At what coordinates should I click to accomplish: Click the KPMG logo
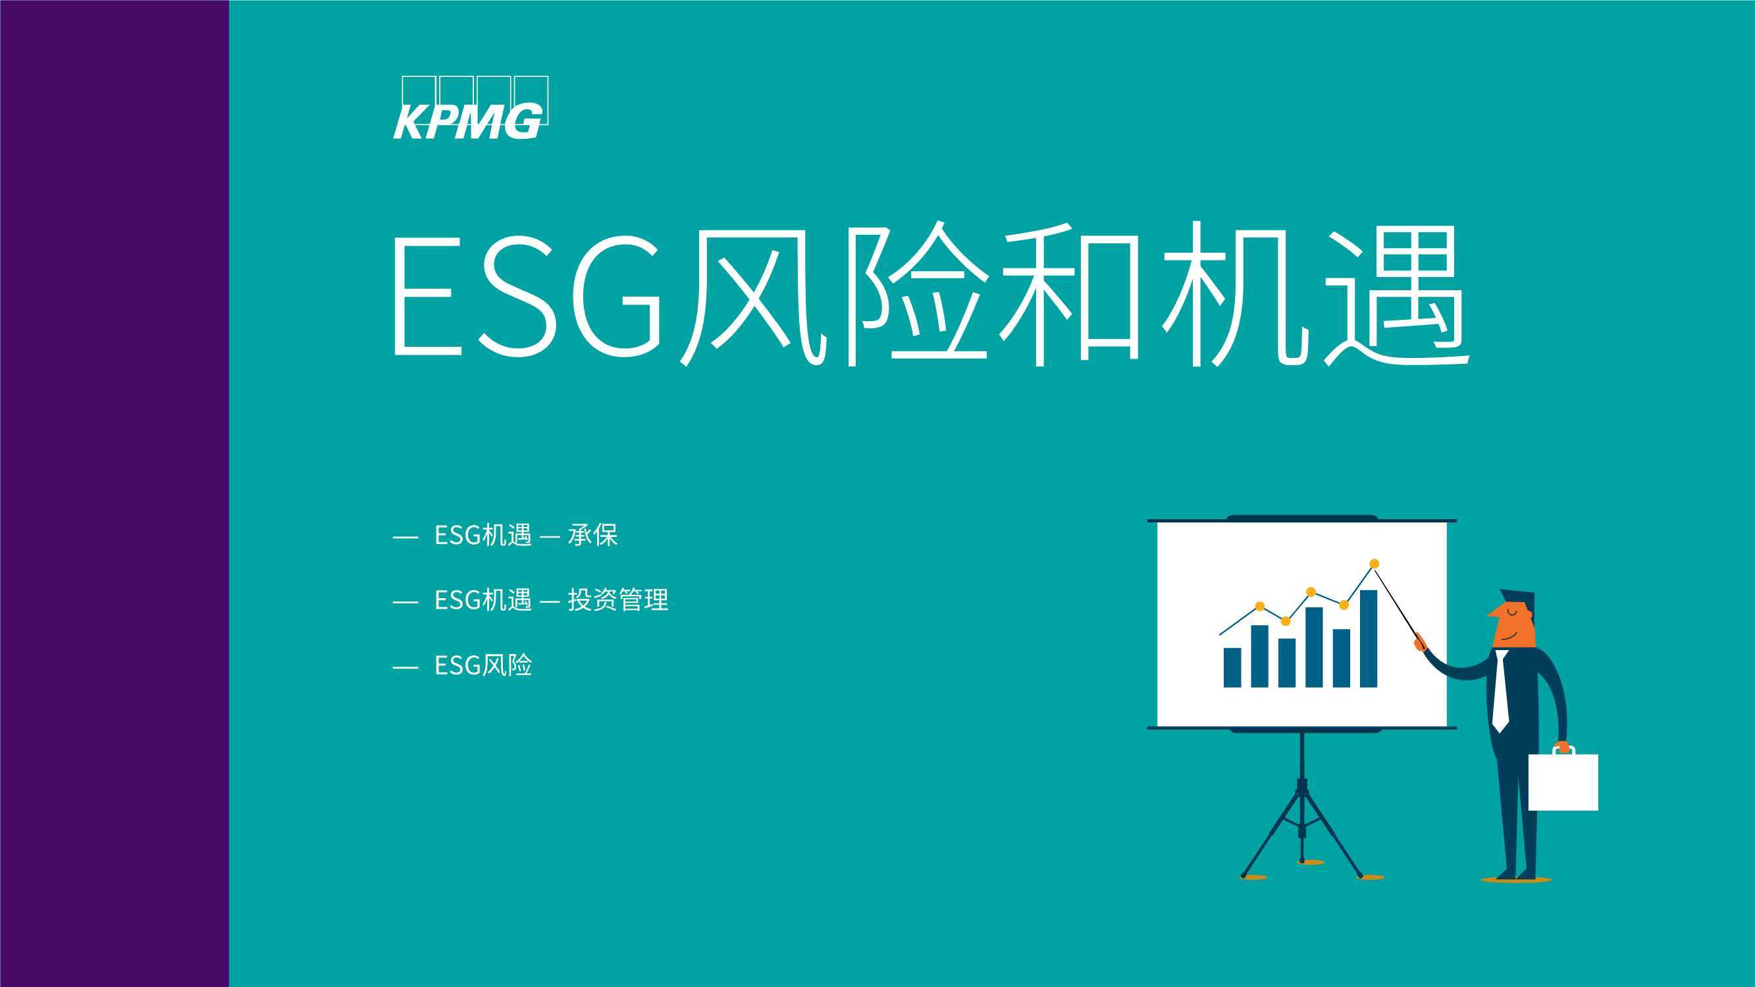[x=471, y=108]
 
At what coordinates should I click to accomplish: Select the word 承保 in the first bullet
[x=592, y=536]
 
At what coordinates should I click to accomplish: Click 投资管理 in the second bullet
[x=618, y=600]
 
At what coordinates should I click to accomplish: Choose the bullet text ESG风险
[x=483, y=665]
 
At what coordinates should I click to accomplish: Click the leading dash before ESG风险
[x=406, y=667]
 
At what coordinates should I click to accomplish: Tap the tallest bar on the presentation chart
[x=1369, y=638]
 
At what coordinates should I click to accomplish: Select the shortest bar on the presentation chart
[x=1232, y=667]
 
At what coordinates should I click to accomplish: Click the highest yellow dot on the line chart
[x=1374, y=563]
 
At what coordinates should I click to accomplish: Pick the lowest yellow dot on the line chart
[x=1286, y=620]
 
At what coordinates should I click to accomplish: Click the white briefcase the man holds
[x=1563, y=781]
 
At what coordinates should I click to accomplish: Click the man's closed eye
[x=1511, y=612]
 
